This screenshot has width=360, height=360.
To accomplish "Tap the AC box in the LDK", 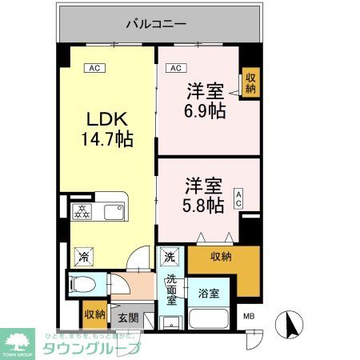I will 94,68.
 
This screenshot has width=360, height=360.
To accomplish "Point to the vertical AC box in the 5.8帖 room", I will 239,199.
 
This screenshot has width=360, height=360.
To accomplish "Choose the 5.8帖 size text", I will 200,205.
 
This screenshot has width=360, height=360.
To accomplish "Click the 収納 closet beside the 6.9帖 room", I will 251,82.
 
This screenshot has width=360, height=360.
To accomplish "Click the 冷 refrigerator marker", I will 82,257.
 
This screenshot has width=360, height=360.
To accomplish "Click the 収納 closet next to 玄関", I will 94,314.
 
